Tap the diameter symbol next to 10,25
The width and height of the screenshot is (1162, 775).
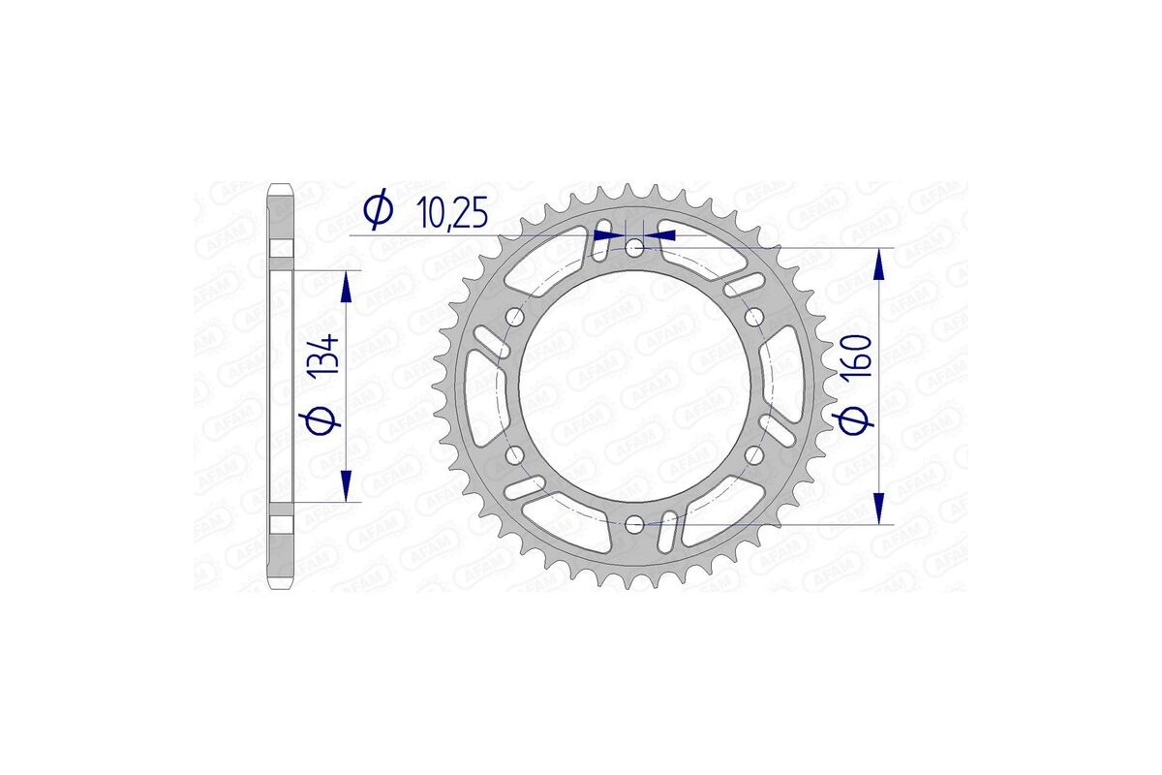(x=377, y=209)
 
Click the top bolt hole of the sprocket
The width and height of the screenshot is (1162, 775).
(x=634, y=249)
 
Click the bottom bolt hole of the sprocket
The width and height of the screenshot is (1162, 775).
(x=634, y=524)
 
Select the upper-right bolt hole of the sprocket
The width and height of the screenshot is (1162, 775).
(x=753, y=317)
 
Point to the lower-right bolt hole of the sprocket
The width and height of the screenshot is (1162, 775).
(x=753, y=454)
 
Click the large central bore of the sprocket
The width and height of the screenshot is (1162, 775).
(x=634, y=387)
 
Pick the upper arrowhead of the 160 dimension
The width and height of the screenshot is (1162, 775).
(x=879, y=263)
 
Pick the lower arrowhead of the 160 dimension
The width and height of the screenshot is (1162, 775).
(x=879, y=508)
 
